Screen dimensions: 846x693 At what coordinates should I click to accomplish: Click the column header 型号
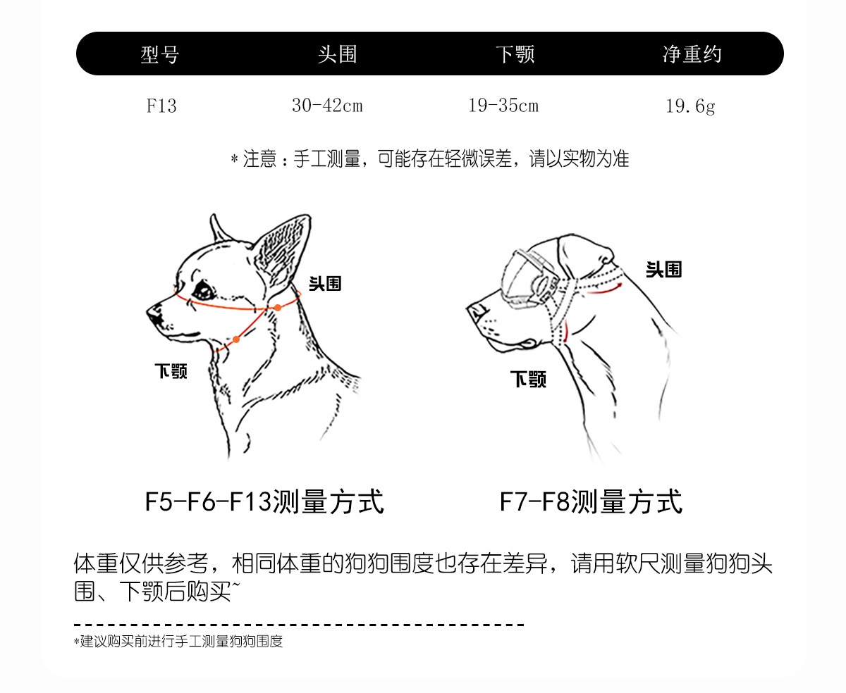pyautogui.click(x=159, y=54)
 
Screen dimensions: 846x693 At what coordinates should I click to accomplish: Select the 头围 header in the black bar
pyautogui.click(x=338, y=54)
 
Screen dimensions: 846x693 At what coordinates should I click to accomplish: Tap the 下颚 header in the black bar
pyautogui.click(x=515, y=54)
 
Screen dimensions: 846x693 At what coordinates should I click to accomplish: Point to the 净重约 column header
pyautogui.click(x=692, y=54)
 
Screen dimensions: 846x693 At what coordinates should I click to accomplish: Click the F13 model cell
pyautogui.click(x=161, y=106)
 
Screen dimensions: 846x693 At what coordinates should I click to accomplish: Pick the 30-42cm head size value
pyautogui.click(x=327, y=106)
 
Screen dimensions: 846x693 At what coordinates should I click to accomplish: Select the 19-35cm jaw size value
pyautogui.click(x=503, y=106)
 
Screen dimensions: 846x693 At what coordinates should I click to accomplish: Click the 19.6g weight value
pyautogui.click(x=690, y=106)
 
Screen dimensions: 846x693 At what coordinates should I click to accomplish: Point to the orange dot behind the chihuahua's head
pyautogui.click(x=278, y=308)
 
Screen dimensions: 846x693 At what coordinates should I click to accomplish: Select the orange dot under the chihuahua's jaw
pyautogui.click(x=236, y=339)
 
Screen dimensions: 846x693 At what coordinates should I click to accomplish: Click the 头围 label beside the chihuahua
pyautogui.click(x=325, y=283)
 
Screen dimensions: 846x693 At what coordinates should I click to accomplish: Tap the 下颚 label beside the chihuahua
pyautogui.click(x=171, y=371)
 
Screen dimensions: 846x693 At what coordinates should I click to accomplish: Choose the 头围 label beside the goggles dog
pyautogui.click(x=664, y=269)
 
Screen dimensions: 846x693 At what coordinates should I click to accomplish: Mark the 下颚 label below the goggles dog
pyautogui.click(x=528, y=379)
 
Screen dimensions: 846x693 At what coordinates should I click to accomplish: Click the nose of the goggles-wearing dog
pyautogui.click(x=476, y=311)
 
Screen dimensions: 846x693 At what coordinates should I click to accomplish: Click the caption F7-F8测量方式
pyautogui.click(x=591, y=501)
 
